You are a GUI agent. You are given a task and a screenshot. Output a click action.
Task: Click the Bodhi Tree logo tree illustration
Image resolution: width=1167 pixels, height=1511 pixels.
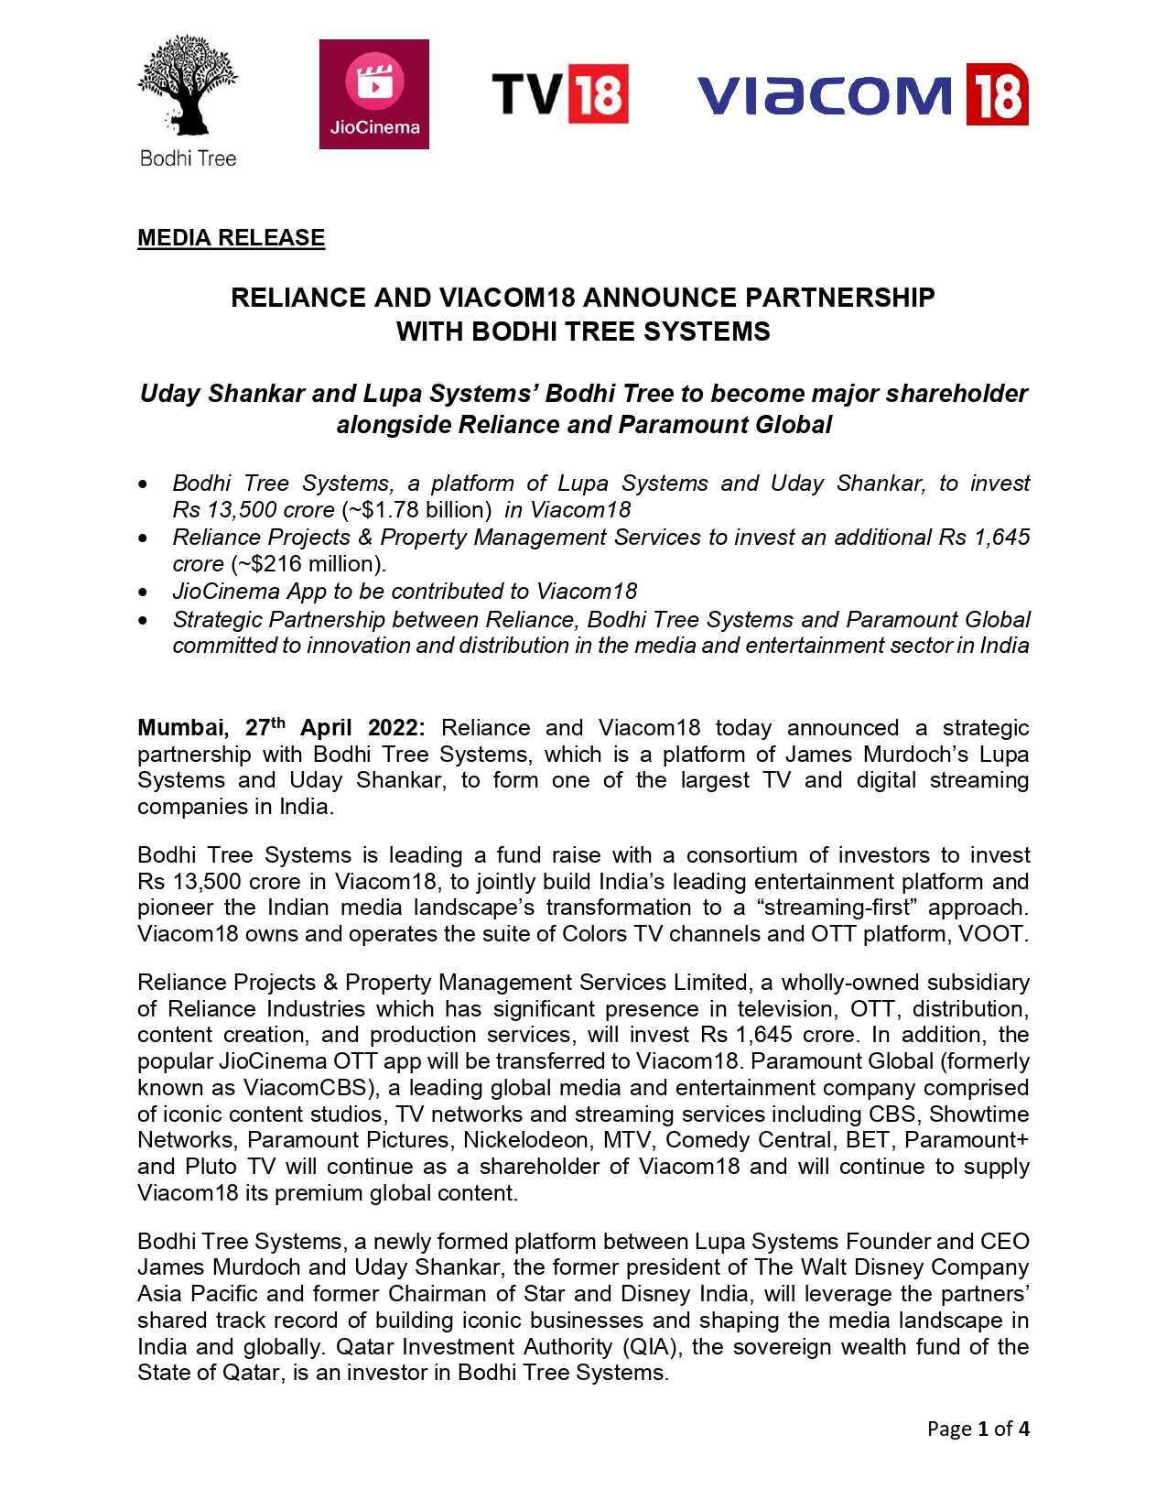(x=188, y=87)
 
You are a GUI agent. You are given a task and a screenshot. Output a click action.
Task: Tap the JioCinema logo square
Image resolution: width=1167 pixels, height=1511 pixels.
(x=373, y=93)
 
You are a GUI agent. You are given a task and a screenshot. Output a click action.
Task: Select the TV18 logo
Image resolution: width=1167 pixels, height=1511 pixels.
(x=559, y=93)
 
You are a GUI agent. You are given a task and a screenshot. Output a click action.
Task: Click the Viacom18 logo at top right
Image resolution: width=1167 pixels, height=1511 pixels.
(x=862, y=94)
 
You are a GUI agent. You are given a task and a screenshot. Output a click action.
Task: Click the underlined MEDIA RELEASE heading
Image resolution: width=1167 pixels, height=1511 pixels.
(x=231, y=238)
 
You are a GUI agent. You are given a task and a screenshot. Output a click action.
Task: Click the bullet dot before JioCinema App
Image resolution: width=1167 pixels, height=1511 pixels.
(x=143, y=592)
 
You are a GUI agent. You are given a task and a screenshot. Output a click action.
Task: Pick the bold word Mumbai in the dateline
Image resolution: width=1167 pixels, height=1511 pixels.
(x=181, y=728)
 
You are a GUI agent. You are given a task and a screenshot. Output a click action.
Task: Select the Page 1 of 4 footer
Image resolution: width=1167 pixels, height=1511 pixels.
(x=978, y=1429)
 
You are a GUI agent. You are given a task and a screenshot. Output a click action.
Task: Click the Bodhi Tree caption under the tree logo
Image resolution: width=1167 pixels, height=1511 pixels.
(x=188, y=158)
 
